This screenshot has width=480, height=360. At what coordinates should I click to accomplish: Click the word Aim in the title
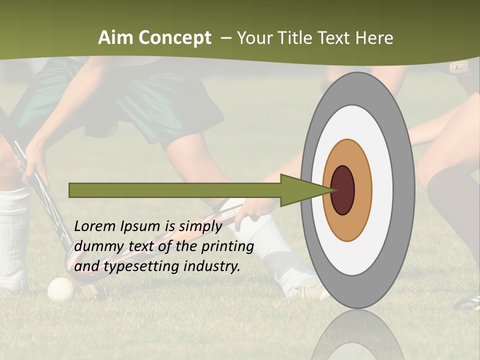point(116,37)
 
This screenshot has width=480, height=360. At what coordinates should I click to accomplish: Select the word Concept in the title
point(175,37)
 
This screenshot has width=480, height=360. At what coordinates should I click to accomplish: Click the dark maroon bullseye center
point(342,190)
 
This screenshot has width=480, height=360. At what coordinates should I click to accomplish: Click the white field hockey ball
point(60,289)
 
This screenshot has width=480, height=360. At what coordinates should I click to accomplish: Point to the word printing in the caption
point(227,246)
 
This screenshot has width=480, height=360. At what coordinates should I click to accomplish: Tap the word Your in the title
point(254,37)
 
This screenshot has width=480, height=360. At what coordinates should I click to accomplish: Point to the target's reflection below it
point(358,335)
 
